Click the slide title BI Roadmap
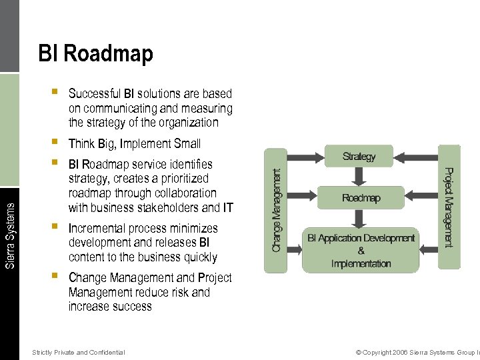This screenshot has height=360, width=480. pos(95,53)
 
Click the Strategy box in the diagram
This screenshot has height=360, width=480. pos(359,157)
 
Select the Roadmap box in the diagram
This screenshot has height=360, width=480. pos(361,198)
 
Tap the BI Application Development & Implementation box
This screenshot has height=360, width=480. pos(361,250)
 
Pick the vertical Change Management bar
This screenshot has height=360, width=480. pos(276,209)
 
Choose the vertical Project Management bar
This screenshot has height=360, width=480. pos(449,207)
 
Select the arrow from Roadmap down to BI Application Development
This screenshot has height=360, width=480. pos(359,218)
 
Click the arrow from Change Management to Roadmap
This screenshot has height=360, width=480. pos(305,198)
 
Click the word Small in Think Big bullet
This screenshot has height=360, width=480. pos(187,143)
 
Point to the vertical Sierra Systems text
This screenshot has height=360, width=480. pos(9,227)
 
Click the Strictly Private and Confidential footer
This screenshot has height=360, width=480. pos(78,352)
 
